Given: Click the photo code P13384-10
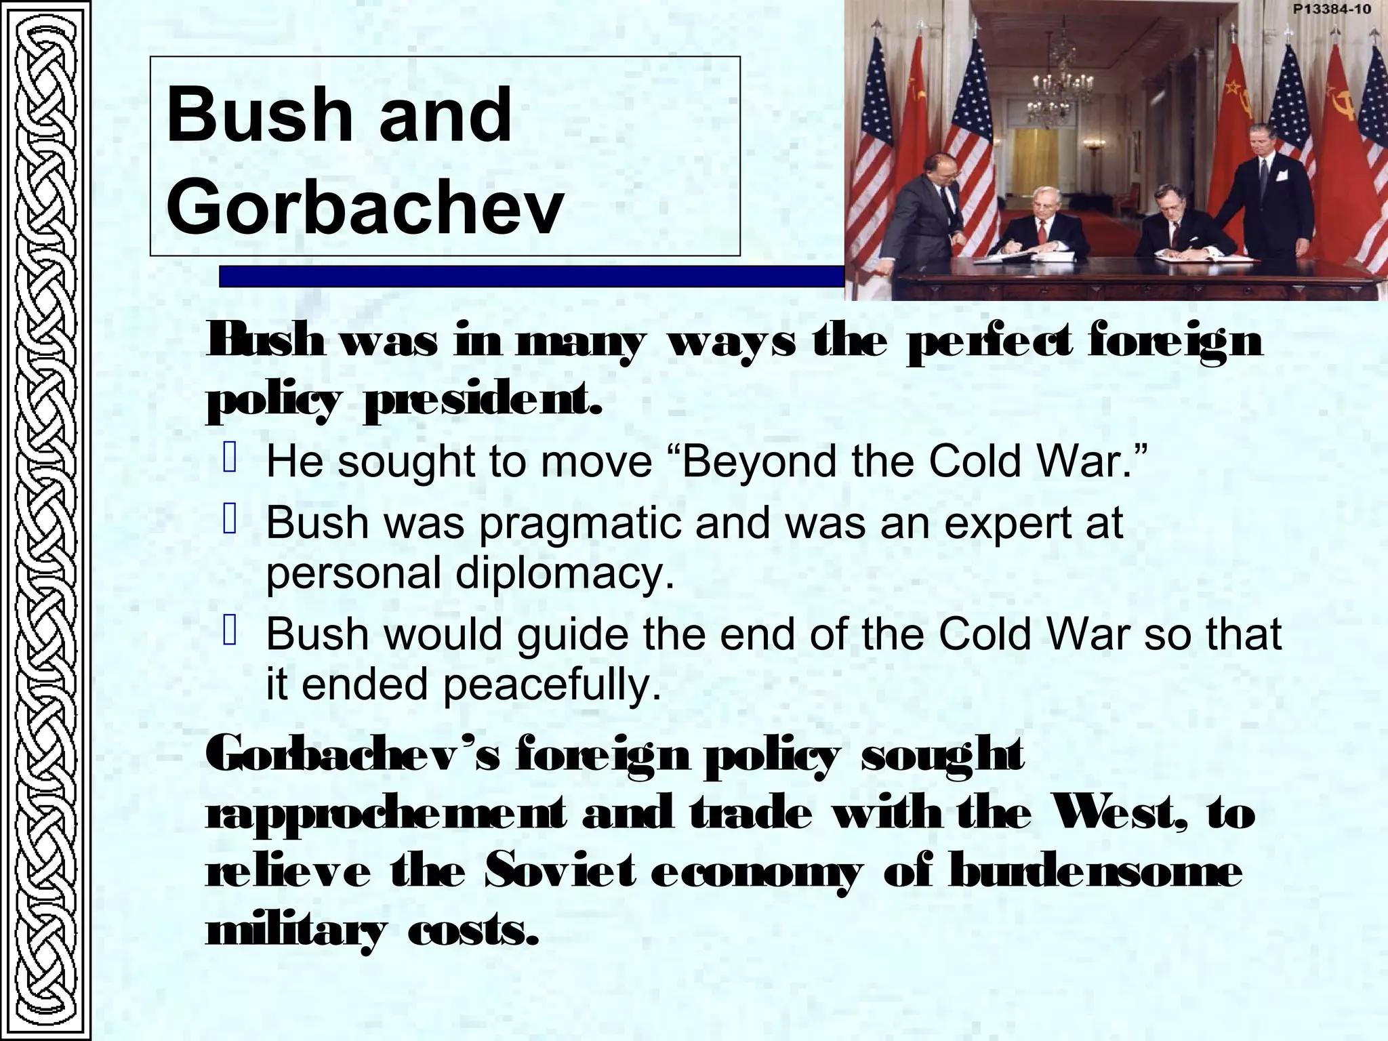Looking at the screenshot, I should [x=1331, y=9].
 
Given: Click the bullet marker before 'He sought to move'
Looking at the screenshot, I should [x=230, y=459].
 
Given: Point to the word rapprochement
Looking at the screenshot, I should [x=385, y=813].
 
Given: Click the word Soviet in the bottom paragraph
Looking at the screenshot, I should [x=560, y=872].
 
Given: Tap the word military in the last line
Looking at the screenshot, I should [x=296, y=931].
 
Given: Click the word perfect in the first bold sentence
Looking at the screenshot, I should [x=990, y=342].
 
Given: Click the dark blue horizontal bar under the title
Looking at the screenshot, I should [x=529, y=277].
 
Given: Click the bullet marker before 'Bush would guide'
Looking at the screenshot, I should [x=230, y=632].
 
